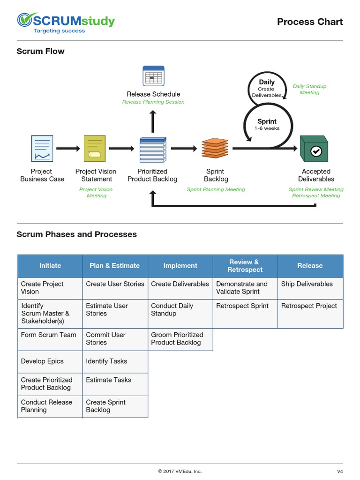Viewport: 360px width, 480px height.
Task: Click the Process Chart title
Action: [309, 22]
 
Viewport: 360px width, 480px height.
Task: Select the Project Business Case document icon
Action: [42, 149]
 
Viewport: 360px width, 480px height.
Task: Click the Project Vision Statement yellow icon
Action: [95, 149]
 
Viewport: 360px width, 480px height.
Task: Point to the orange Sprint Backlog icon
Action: [215, 149]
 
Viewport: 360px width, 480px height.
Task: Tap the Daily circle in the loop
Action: [267, 87]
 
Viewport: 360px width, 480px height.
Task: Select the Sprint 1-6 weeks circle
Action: [267, 124]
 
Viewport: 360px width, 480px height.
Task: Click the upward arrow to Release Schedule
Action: [152, 122]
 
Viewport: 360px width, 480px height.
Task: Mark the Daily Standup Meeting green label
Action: [309, 90]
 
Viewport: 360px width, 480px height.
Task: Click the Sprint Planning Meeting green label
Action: [216, 189]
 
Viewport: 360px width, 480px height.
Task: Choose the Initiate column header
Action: [50, 266]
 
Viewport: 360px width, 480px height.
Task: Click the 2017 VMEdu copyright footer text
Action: [180, 471]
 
